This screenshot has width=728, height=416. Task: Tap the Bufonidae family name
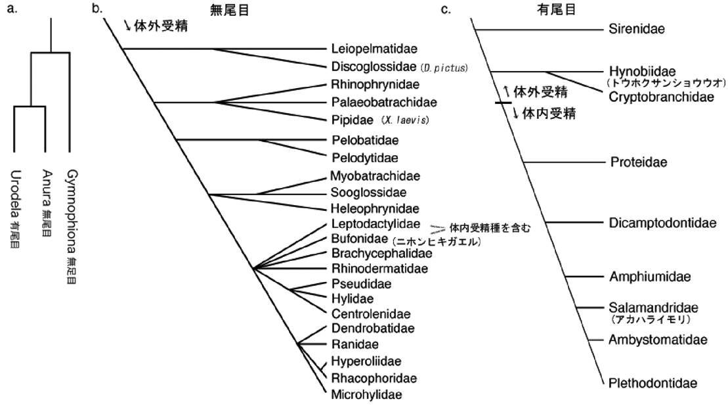pyautogui.click(x=357, y=240)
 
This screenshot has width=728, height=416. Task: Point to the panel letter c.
pyautogui.click(x=445, y=9)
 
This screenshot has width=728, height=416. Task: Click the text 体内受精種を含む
pyautogui.click(x=489, y=228)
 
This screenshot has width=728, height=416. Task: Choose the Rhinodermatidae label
pyautogui.click(x=372, y=268)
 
